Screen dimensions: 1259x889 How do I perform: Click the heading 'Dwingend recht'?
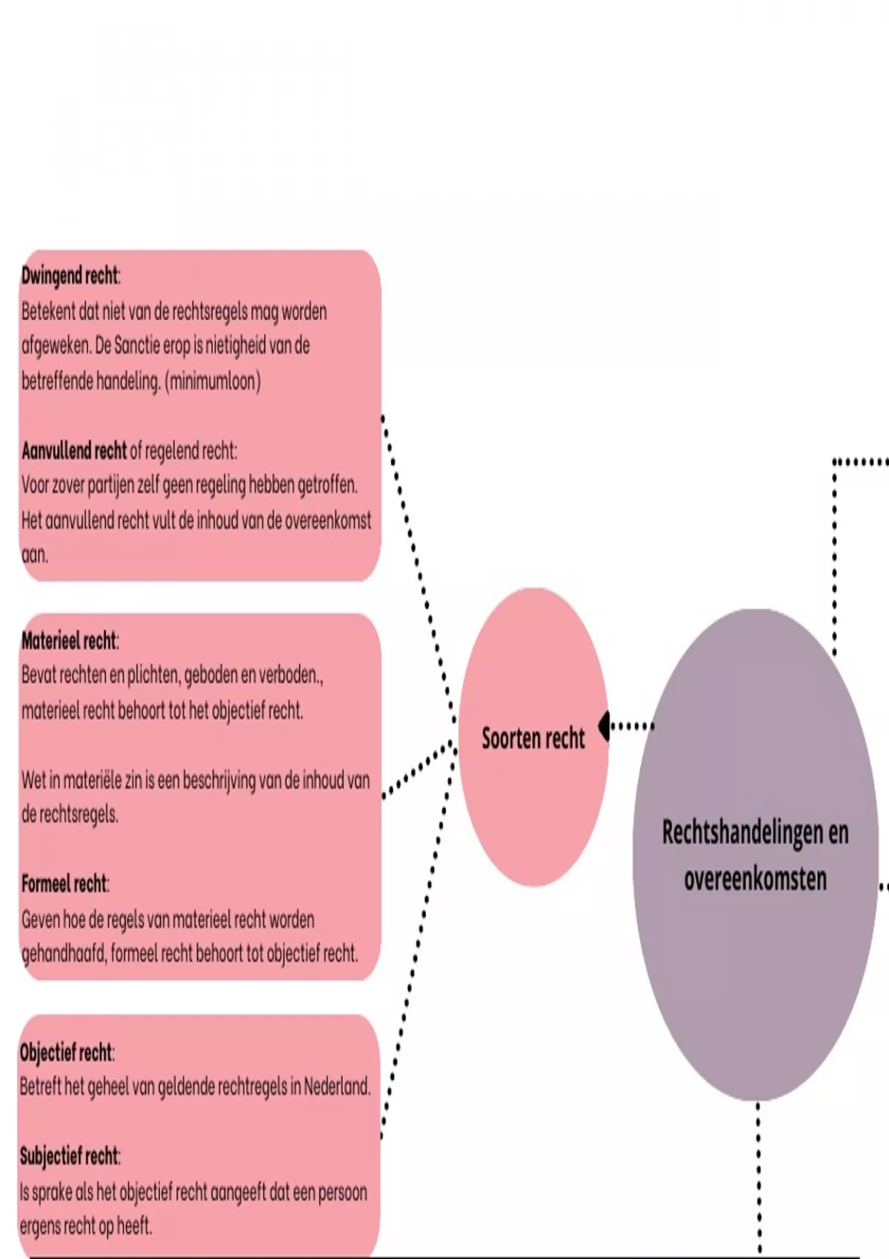pyautogui.click(x=70, y=276)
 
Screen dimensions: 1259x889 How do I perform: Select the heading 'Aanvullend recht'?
pyautogui.click(x=73, y=450)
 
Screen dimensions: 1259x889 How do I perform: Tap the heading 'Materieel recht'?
pyautogui.click(x=69, y=641)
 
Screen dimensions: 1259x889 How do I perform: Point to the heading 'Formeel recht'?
pyautogui.click(x=64, y=884)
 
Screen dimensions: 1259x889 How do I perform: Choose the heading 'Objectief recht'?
pyautogui.click(x=66, y=1052)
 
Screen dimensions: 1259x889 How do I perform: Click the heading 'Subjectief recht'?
pyautogui.click(x=69, y=1156)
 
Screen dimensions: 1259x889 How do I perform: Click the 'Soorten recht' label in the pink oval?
pyautogui.click(x=533, y=738)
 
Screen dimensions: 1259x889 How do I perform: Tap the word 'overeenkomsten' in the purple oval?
pyautogui.click(x=755, y=879)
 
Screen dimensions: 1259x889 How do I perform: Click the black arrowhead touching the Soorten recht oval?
pyautogui.click(x=604, y=726)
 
